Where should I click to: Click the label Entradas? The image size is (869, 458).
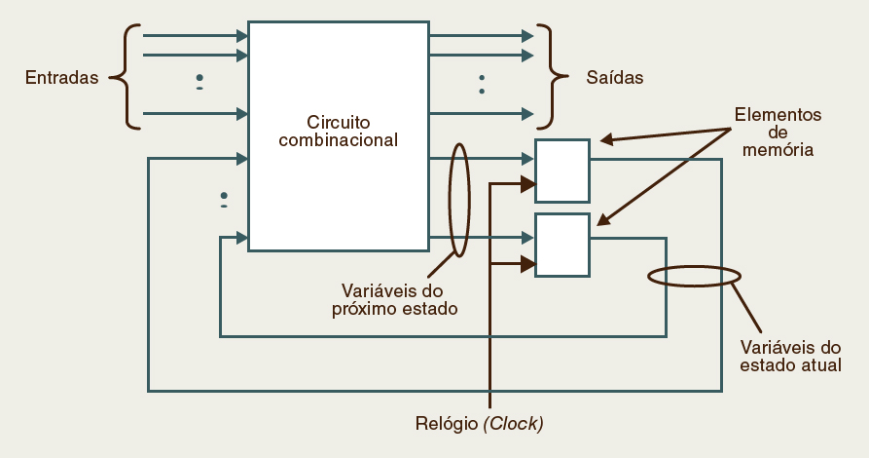62,77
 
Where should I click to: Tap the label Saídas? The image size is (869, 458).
614,77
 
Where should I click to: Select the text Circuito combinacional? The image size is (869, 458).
339,132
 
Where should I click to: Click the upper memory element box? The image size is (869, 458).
562,170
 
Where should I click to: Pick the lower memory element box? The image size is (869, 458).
562,245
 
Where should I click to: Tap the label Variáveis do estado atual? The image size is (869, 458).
790,356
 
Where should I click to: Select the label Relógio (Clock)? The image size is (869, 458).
479,424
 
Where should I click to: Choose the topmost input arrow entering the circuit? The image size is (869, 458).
195,36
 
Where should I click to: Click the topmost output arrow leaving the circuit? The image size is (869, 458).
481,36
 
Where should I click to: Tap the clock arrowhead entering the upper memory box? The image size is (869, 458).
527,183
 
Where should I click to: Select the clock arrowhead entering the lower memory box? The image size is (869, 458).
527,263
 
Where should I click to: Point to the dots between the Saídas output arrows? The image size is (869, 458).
481,84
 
